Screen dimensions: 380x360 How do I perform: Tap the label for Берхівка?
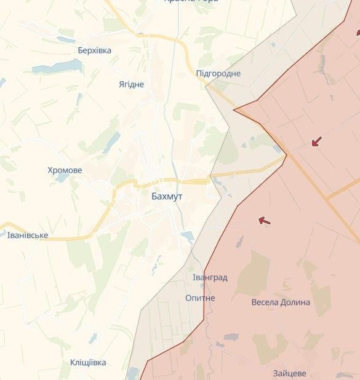(95, 50)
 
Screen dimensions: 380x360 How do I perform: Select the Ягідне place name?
(131, 84)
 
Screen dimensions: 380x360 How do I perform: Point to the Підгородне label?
(218, 74)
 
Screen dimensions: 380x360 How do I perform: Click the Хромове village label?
(65, 170)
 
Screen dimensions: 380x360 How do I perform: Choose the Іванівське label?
(27, 236)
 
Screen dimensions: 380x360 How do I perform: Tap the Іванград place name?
(209, 278)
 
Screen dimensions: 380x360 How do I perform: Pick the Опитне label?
(200, 298)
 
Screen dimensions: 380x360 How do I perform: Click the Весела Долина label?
(281, 303)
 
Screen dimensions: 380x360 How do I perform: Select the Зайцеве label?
(290, 373)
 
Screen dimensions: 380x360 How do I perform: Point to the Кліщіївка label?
(88, 363)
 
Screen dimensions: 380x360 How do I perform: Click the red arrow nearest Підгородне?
(316, 142)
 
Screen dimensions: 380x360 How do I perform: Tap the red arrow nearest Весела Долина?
(264, 220)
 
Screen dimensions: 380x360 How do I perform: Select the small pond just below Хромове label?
(62, 178)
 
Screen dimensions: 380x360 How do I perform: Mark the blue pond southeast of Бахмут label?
(187, 236)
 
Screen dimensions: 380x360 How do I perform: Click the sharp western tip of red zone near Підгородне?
(234, 110)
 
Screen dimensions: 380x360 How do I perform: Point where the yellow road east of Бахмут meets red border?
(286, 156)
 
